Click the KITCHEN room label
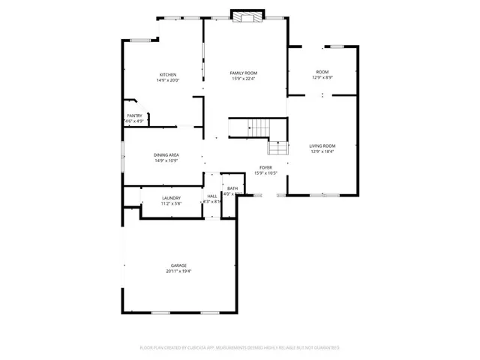click(x=167, y=74)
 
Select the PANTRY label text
click(x=134, y=115)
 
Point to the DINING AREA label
click(x=166, y=155)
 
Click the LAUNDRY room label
click(x=172, y=198)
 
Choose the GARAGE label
click(x=178, y=265)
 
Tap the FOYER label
click(x=265, y=167)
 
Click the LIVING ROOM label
click(x=322, y=145)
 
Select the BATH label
click(x=232, y=188)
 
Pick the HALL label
click(x=212, y=196)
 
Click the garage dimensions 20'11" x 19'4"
click(x=178, y=271)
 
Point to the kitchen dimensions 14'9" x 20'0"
click(x=167, y=80)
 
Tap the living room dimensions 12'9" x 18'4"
click(x=322, y=151)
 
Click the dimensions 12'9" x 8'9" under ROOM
click(x=322, y=77)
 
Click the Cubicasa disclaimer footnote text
click(x=240, y=348)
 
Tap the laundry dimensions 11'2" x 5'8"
click(x=172, y=204)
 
